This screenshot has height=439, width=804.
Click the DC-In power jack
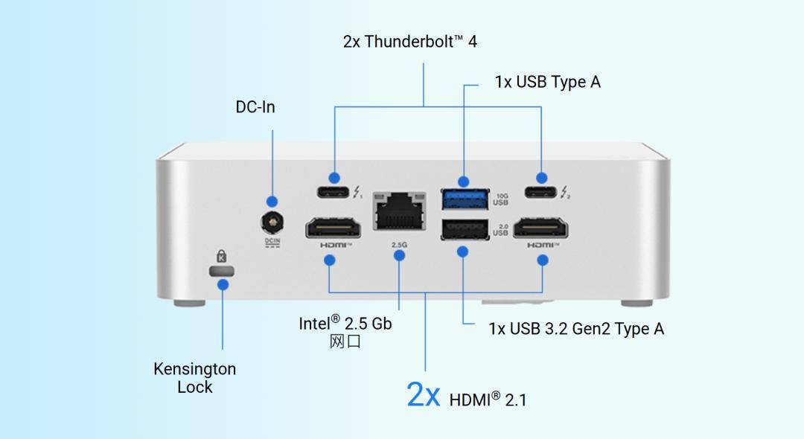[x=272, y=222]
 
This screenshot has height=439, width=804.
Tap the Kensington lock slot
[x=222, y=270]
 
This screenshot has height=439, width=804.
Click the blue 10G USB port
[x=465, y=198]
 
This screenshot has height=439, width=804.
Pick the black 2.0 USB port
[x=465, y=230]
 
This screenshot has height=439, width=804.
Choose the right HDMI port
[x=543, y=227]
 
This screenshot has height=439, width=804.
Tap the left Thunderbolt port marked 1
[x=334, y=193]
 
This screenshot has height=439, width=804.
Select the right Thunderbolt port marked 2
[x=541, y=193]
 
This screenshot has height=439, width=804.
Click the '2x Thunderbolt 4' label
[x=409, y=42]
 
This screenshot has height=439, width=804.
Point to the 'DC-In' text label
[x=255, y=107]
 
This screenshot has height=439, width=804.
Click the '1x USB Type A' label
[x=547, y=82]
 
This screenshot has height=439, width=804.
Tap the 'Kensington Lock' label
[x=194, y=378]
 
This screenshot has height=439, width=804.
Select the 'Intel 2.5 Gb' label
[x=345, y=323]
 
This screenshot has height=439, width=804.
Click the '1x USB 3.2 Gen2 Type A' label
[x=575, y=328]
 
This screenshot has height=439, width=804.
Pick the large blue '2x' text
[x=424, y=394]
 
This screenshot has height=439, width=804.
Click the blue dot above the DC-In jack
[x=272, y=202]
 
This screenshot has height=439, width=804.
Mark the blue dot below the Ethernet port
[x=399, y=255]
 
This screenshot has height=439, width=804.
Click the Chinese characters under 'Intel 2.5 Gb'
[x=345, y=342]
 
